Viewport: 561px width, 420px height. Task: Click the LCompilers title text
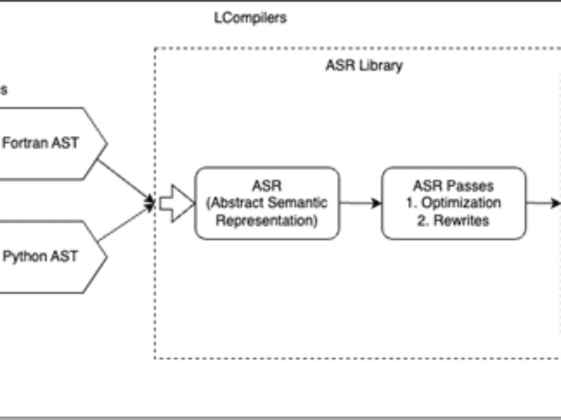point(250,18)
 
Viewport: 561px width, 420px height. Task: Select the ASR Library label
point(364,66)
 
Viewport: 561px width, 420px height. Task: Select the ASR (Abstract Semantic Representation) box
point(266,203)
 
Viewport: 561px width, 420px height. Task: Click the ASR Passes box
point(454,203)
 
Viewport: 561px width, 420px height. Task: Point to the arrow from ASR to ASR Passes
point(360,203)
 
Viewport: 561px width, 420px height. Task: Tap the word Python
point(22,256)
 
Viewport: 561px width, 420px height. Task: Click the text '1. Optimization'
point(454,203)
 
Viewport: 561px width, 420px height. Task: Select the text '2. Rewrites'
point(454,219)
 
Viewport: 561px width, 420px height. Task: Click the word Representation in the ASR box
point(266,219)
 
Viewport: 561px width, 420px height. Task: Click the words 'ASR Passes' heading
point(454,187)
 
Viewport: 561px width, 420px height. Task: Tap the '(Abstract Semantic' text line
point(266,203)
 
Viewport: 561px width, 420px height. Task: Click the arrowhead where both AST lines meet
point(149,203)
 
